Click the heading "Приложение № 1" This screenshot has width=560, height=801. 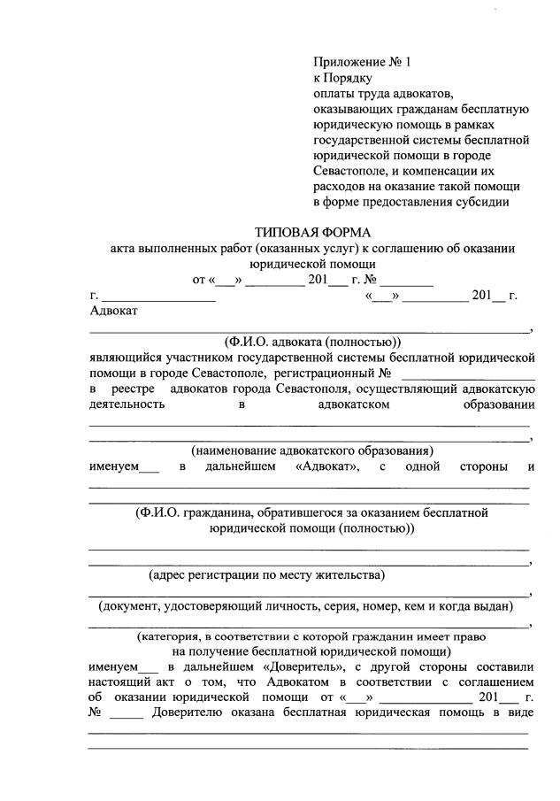[363, 62]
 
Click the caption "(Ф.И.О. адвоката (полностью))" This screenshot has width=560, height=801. [312, 341]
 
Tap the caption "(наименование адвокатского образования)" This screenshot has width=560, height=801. [311, 450]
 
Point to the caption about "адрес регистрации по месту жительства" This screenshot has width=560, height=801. [266, 575]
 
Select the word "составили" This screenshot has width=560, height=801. [502, 666]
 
